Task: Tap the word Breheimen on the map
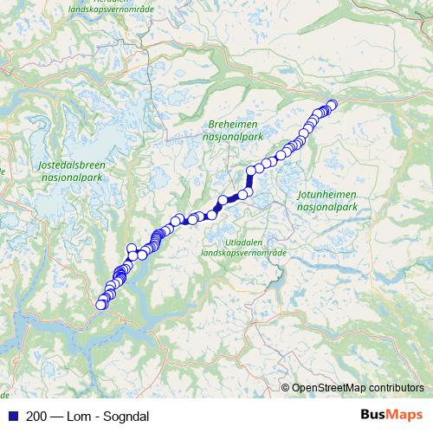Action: (231, 125)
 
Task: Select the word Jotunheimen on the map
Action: (326, 197)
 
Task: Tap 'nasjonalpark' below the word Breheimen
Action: (232, 136)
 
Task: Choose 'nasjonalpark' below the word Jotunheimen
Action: (326, 208)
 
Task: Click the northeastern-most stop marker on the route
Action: (332, 106)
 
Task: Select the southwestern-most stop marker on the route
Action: (100, 305)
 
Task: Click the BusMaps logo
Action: (391, 415)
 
